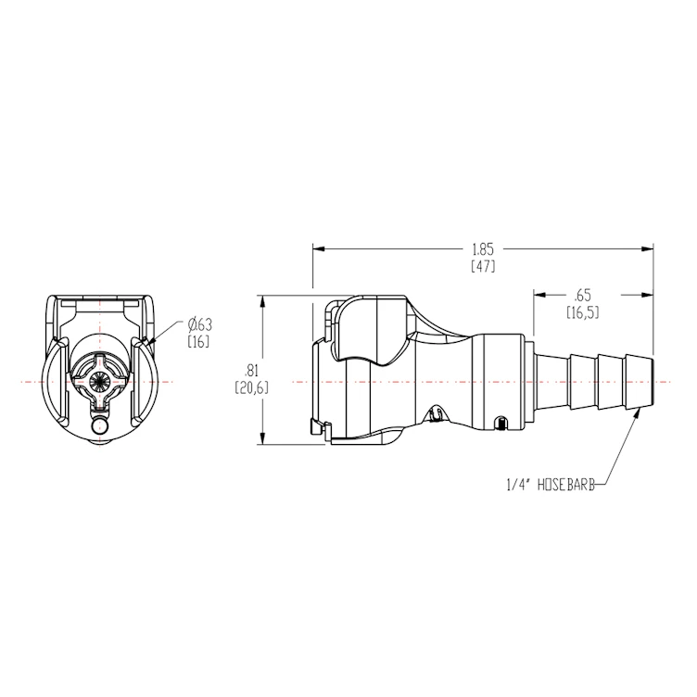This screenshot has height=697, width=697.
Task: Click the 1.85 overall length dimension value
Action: click(483, 248)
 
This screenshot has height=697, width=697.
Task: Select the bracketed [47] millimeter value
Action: click(483, 266)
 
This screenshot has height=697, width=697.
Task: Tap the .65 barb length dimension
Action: click(583, 295)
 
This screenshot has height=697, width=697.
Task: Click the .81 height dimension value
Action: click(250, 370)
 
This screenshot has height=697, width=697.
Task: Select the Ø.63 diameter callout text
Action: click(200, 324)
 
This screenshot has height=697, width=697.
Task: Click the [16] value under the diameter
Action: click(199, 342)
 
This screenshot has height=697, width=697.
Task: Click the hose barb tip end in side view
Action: click(653, 381)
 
